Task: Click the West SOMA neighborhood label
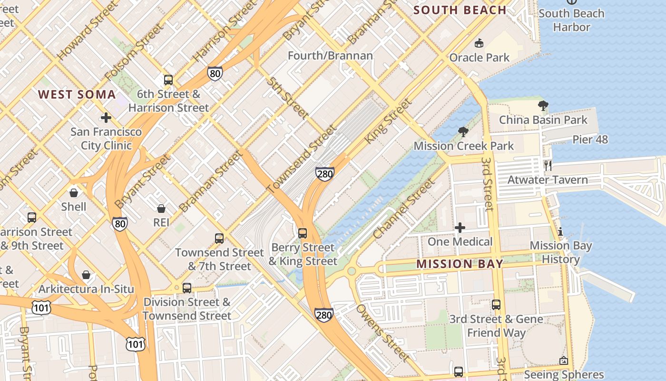coord(77,94)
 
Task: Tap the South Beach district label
coord(460,10)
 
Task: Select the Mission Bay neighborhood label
coord(460,264)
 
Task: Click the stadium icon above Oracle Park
coord(479,43)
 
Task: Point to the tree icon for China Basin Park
coord(543,106)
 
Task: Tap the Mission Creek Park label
coord(464,146)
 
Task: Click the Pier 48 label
coord(590,140)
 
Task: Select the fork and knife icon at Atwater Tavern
coord(548,166)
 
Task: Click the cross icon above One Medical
coord(460,228)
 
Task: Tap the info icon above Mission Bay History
coord(560,232)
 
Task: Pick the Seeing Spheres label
coord(564,374)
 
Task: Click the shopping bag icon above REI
coord(161,209)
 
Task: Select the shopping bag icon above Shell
coord(74,192)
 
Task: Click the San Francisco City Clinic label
coord(106,138)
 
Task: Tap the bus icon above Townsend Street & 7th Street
coord(219,239)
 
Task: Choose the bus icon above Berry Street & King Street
coord(303,233)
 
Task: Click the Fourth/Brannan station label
coord(330,56)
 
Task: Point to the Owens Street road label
coord(382,332)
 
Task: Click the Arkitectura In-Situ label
coord(86,289)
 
